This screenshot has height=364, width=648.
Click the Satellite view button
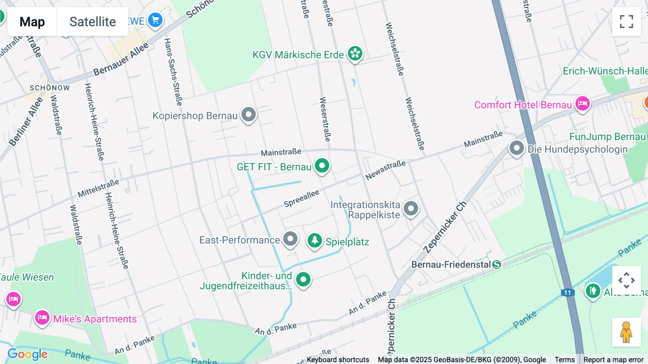(x=93, y=22)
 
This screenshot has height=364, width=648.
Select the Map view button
(x=32, y=22)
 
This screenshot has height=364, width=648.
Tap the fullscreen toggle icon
(x=626, y=22)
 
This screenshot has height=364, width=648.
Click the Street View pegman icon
(x=626, y=332)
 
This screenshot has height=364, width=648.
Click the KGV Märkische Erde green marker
(x=355, y=54)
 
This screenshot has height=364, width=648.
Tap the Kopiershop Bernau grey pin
(x=248, y=115)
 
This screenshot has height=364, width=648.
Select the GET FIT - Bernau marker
(x=322, y=166)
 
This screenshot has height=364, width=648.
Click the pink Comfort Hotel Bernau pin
(x=582, y=104)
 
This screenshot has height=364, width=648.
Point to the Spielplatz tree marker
(x=315, y=240)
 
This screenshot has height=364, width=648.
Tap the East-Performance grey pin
(x=290, y=239)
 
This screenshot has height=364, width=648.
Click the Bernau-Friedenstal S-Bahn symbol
(x=497, y=265)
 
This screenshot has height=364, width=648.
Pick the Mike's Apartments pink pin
(x=42, y=318)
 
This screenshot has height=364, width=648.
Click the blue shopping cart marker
(x=156, y=20)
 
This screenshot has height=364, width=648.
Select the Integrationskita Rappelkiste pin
(x=411, y=208)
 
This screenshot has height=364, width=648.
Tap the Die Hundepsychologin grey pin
(x=517, y=148)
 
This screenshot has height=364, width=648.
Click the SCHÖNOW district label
(x=50, y=88)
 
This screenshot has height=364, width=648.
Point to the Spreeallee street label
(x=301, y=199)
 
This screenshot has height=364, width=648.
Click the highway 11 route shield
(x=567, y=293)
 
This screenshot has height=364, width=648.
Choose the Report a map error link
(x=613, y=360)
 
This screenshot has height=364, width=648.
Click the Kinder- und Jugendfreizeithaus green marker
(x=303, y=279)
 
